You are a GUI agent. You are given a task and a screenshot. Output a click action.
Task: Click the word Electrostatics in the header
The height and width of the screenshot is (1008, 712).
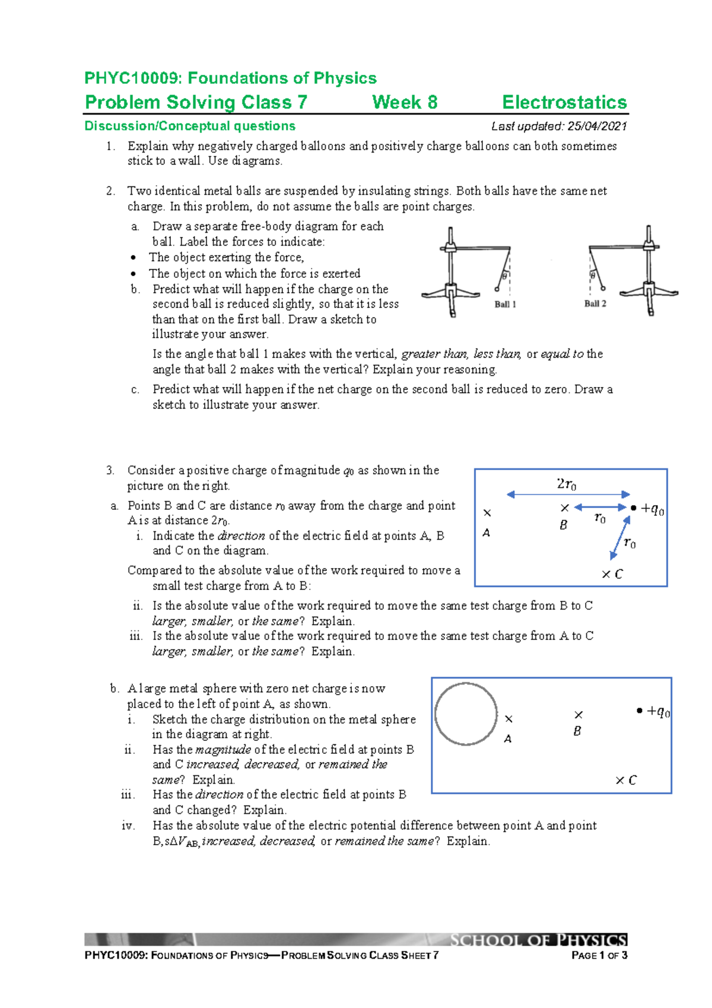(x=564, y=102)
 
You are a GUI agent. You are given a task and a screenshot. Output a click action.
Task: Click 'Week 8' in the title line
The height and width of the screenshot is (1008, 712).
(x=405, y=102)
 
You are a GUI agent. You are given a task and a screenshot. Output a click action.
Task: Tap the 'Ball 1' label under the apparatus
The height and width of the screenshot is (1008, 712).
(x=505, y=304)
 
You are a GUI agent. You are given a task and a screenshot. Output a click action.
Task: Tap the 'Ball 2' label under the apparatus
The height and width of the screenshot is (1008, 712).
(x=595, y=303)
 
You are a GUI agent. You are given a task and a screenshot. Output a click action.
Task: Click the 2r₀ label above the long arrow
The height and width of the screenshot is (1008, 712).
(x=567, y=484)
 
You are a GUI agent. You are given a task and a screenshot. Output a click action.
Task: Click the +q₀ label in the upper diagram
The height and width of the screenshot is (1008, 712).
(x=653, y=509)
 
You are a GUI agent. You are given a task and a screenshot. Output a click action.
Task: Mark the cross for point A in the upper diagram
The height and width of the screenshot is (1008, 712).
(x=487, y=513)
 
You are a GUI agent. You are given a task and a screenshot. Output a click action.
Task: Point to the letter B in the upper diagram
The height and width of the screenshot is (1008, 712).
(x=563, y=525)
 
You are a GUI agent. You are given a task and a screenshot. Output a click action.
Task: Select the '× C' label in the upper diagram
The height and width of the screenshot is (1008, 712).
(x=612, y=574)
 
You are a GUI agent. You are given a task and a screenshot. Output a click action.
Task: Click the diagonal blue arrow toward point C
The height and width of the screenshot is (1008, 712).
(x=620, y=538)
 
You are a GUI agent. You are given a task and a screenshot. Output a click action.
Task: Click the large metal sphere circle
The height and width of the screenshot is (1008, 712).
(x=466, y=714)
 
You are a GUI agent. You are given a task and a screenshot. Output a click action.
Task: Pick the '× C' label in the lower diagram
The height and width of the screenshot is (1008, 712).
(x=626, y=780)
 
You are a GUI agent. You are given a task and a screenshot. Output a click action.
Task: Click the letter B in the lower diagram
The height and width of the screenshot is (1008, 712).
(x=577, y=731)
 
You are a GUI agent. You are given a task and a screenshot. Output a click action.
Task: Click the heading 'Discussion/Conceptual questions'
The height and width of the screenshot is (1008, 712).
(x=190, y=126)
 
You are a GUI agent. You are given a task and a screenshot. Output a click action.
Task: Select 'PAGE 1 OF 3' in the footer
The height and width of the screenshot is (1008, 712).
(x=599, y=955)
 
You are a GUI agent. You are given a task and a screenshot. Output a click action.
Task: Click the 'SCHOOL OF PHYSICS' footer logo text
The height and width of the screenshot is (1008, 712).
(x=538, y=940)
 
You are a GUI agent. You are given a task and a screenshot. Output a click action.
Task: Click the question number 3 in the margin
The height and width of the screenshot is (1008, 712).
(x=110, y=470)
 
